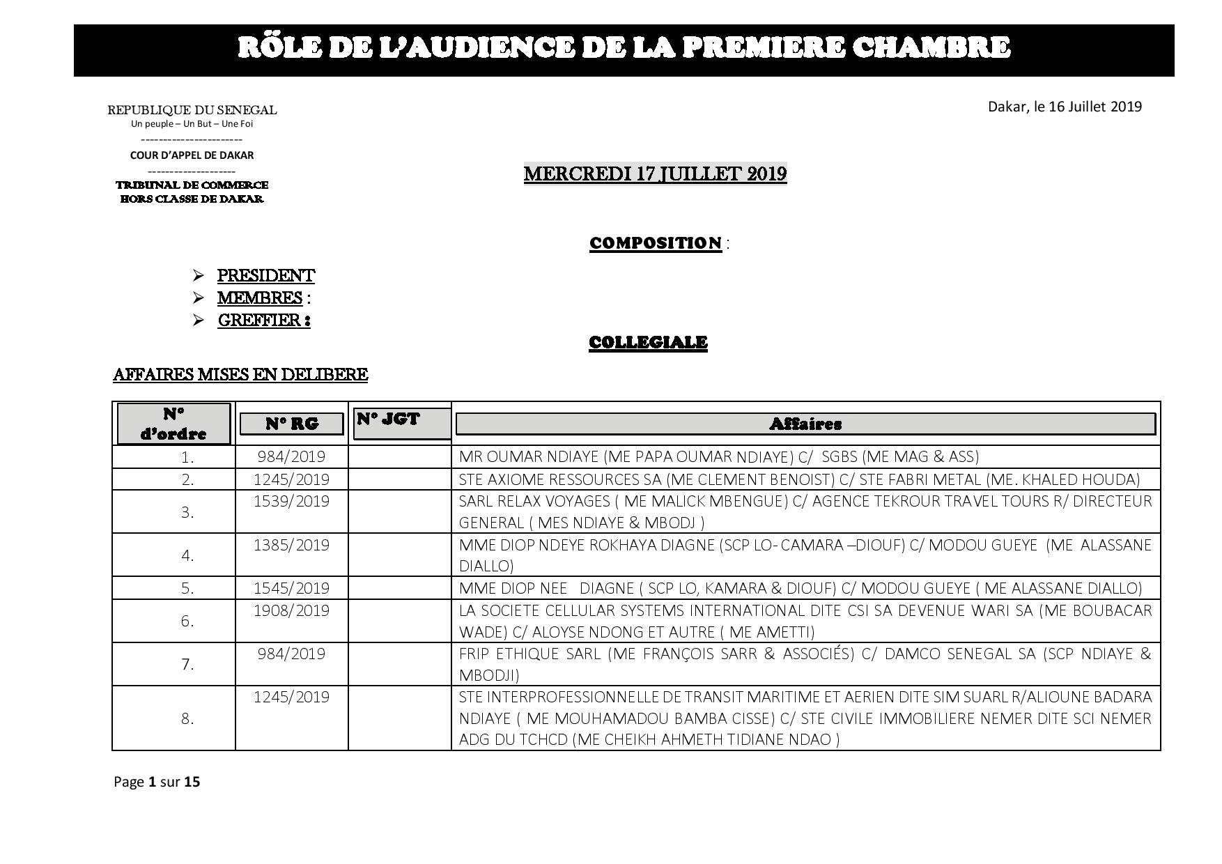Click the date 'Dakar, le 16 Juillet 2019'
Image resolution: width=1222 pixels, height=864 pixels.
[x=1065, y=107]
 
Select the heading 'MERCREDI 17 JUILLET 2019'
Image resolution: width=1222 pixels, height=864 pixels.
[x=655, y=173]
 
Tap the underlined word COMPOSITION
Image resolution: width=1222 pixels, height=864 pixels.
[x=655, y=243]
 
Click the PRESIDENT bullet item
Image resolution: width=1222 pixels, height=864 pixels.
[x=265, y=276]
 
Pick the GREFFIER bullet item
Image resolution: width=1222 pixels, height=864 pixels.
[x=263, y=321]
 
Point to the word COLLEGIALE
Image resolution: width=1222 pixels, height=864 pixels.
[x=648, y=343]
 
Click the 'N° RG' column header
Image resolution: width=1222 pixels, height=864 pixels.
[x=291, y=424]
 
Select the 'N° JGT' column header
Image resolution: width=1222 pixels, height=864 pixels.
[x=389, y=419]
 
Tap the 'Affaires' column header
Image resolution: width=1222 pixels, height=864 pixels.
[x=805, y=424]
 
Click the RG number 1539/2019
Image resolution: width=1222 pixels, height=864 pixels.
[x=291, y=502]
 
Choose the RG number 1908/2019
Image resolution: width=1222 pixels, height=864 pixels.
[x=291, y=610]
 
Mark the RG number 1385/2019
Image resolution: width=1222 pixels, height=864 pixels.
[x=291, y=545]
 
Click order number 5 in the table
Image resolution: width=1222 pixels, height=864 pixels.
[x=187, y=589]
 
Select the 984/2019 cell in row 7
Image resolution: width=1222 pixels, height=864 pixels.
[x=291, y=654]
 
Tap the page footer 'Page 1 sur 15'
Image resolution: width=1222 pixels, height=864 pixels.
[x=157, y=782]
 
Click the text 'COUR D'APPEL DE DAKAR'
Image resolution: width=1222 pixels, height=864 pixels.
[x=192, y=155]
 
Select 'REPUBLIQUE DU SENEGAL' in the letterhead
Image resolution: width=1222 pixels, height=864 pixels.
[x=192, y=110]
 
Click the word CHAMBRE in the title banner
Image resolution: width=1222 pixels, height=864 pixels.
[x=931, y=47]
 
